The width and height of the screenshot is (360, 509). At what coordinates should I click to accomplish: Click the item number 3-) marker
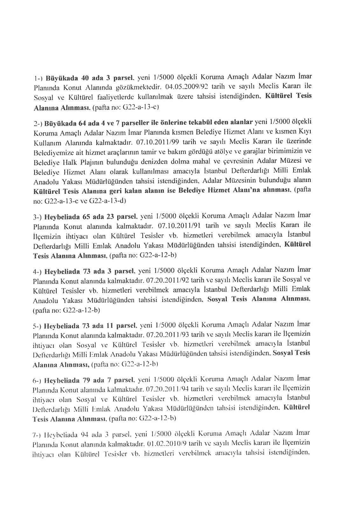[38, 218]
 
